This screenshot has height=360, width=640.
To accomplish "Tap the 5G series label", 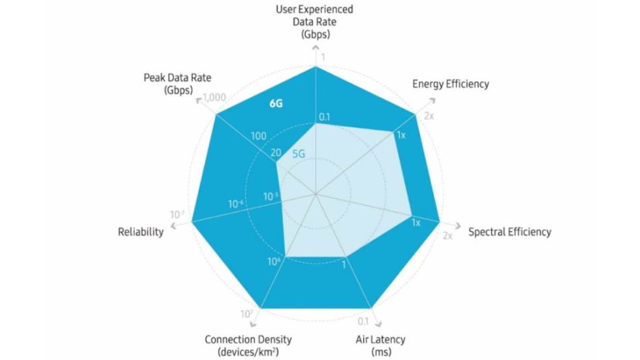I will tap(299, 154).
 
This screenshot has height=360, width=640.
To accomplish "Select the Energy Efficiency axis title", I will tap(450, 84).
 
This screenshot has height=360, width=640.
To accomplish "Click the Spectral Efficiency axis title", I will tap(509, 232).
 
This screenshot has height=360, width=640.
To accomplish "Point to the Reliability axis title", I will tap(141, 232).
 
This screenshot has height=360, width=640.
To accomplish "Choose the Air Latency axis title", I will tap(381, 345).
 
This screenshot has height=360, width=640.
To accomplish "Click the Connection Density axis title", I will tap(249, 345).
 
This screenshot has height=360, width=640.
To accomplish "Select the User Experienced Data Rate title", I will tap(315, 22).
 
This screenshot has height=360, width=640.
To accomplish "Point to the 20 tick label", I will tap(276, 152).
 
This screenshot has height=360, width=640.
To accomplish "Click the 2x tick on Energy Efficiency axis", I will tap(429, 116).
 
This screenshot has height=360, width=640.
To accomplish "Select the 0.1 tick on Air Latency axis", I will tap(363, 321).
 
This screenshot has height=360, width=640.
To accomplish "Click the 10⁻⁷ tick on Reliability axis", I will tap(177, 214).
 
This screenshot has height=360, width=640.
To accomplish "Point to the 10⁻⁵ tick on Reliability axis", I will tap(270, 197).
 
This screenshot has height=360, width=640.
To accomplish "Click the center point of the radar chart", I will tap(315, 194).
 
